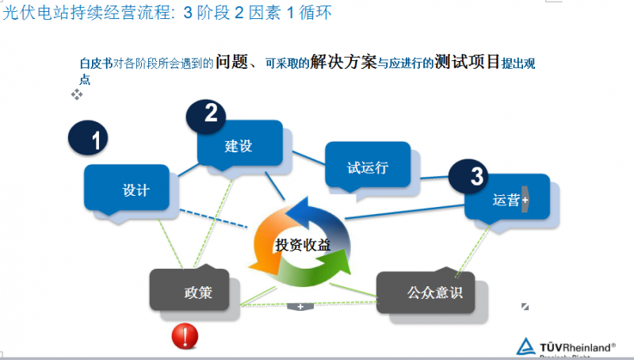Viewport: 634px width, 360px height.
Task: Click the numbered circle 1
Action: pyautogui.click(x=94, y=140)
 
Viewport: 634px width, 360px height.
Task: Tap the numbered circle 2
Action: pyautogui.click(x=209, y=114)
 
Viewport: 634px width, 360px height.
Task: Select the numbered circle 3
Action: pyautogui.click(x=475, y=177)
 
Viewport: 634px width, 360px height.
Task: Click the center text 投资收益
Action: pyautogui.click(x=303, y=244)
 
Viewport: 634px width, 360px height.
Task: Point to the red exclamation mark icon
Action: pyautogui.click(x=185, y=336)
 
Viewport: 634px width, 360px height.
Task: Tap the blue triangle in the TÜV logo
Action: pyautogui.click(x=525, y=346)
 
